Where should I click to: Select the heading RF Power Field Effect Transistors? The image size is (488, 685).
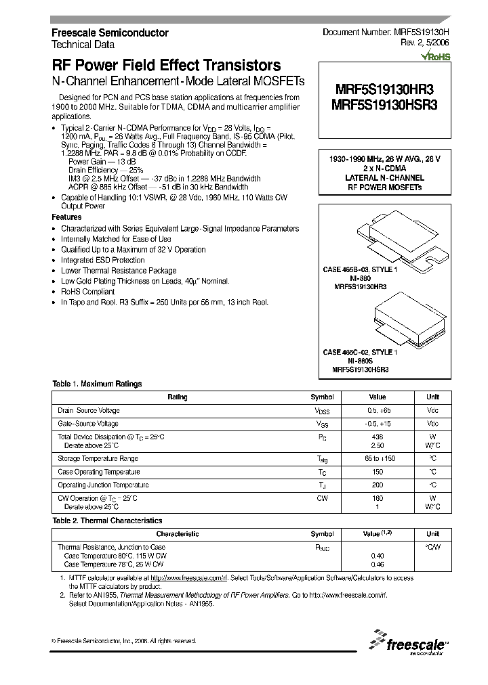(166, 66)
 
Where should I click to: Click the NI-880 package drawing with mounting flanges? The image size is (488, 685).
(384, 236)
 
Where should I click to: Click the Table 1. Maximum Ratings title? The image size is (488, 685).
(97, 384)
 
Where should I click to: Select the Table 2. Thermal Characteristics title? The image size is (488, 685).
(107, 521)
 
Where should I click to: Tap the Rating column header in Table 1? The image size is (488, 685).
(178, 397)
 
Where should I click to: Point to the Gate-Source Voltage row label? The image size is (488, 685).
(88, 424)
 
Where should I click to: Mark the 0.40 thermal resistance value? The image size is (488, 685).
(377, 556)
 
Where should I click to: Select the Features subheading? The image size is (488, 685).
(66, 217)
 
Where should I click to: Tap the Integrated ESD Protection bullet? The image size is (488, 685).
(102, 260)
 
